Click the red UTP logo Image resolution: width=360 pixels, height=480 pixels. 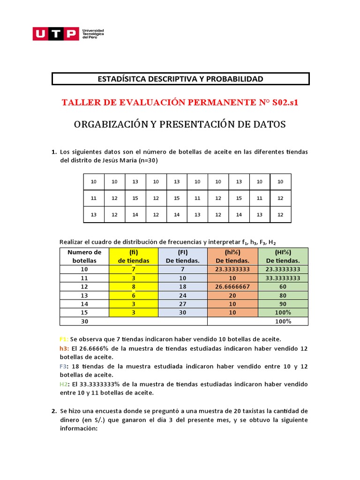[x=55, y=33]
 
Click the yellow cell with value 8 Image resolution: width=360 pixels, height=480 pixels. [x=134, y=286]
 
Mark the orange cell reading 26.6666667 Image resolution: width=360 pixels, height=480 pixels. [x=232, y=286]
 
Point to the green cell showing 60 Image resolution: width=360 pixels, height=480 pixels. [x=283, y=286]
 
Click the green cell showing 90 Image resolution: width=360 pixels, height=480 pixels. [x=283, y=304]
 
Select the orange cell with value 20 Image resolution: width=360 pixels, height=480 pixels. [x=232, y=295]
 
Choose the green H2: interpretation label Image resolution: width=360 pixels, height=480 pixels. [x=64, y=384]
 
